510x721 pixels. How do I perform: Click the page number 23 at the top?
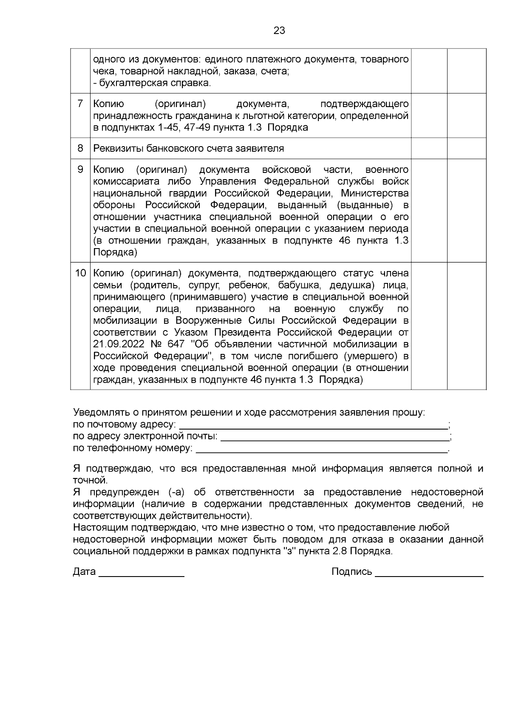pos(279,31)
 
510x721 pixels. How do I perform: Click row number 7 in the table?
pos(80,104)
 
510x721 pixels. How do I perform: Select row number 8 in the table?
pos(80,148)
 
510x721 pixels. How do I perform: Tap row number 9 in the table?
pos(80,170)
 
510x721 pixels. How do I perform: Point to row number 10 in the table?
pos(80,273)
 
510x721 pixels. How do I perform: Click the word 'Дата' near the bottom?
pos(84,571)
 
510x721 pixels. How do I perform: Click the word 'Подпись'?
pos(351,571)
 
